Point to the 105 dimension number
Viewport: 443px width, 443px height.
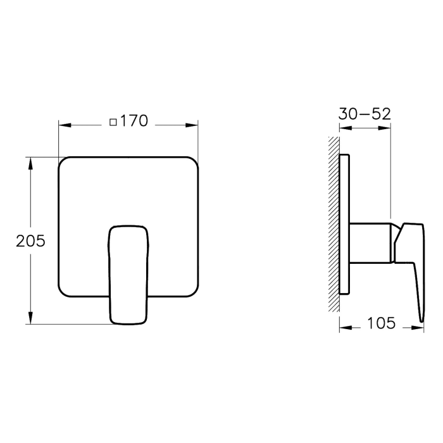381,323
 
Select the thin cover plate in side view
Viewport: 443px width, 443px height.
344,225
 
